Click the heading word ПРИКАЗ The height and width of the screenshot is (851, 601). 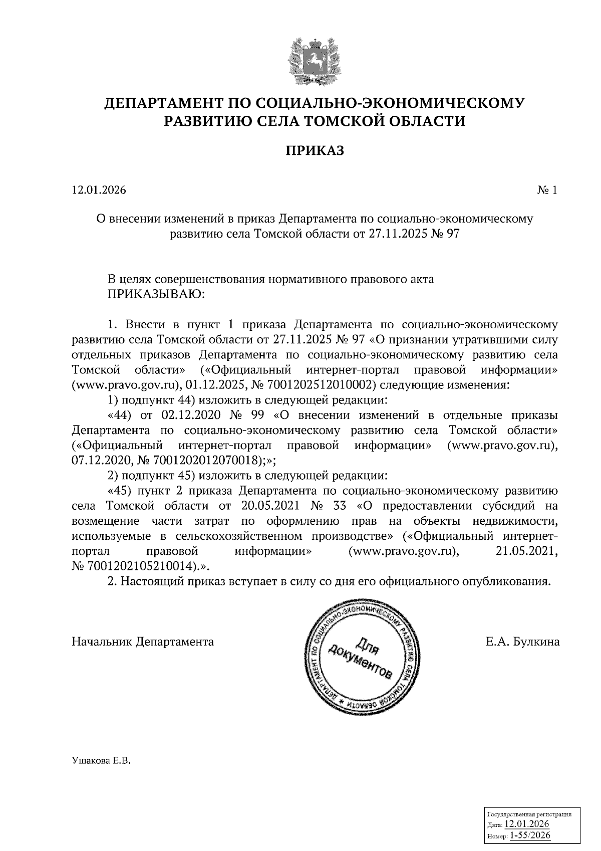click(315, 150)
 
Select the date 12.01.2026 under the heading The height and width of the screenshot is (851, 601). click(99, 190)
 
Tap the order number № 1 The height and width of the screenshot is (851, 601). click(547, 190)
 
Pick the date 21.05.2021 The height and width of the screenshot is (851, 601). click(530, 551)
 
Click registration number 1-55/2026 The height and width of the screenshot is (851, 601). click(530, 835)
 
